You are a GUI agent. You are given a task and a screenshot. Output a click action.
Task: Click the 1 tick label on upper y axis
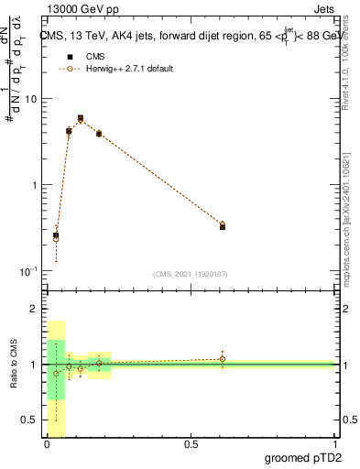coord(36,186)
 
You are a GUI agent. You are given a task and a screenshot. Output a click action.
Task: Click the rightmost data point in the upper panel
coord(223,225)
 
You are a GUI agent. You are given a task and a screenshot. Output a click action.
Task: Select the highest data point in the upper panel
coord(81,118)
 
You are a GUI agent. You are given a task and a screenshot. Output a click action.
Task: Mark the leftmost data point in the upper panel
coord(56,236)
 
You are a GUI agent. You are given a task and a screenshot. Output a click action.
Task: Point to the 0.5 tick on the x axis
coord(191,444)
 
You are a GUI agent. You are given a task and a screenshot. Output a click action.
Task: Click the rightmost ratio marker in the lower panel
coord(223,359)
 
